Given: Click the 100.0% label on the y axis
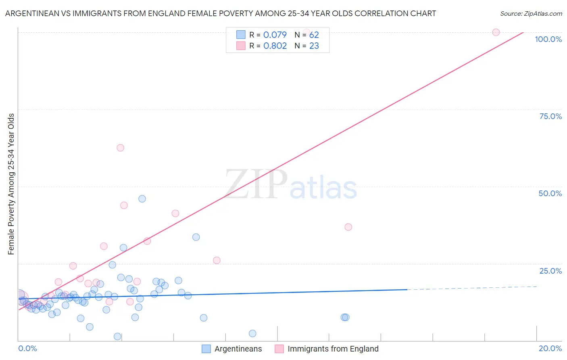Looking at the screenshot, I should pos(548,39).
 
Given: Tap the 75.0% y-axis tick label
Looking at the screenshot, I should pos(550,116).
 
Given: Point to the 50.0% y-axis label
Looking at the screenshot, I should pos(550,193).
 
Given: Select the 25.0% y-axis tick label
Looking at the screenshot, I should pos(550,271).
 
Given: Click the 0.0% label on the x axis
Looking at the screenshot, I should pos(27,348).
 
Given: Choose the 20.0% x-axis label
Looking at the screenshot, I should pos(550,348).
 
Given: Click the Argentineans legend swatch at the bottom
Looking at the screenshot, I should pos(206,349).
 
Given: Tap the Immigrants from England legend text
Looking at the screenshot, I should pos(333,349).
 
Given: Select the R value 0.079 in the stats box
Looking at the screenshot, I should pos(275,35).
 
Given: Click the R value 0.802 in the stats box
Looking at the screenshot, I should pos(275,46).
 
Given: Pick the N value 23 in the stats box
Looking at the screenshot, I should pos(314,46).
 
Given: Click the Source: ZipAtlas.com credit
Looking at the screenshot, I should pos(531,13).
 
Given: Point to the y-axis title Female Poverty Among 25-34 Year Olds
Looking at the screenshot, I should pos(11,184).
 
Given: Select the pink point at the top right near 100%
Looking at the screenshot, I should pos(496,32).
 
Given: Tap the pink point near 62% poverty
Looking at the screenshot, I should pos(120,148).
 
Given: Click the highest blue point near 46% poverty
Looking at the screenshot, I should pos(142,199).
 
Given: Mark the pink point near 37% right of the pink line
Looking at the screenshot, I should pos(348,227).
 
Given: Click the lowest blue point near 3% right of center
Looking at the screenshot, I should pos(252,333).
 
